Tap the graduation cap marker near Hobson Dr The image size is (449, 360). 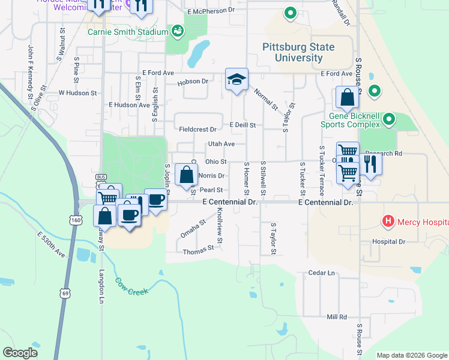click(x=237, y=79)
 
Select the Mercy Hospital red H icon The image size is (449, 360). click(x=388, y=221)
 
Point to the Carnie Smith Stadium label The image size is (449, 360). click(x=128, y=32)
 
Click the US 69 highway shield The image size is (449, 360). click(x=64, y=292)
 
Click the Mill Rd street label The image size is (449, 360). click(x=337, y=317)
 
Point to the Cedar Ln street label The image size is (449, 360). click(x=321, y=273)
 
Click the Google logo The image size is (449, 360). click(x=20, y=353)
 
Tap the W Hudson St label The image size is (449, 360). click(x=77, y=93)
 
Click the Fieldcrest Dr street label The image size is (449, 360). click(x=197, y=129)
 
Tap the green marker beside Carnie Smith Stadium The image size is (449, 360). click(x=177, y=30)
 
